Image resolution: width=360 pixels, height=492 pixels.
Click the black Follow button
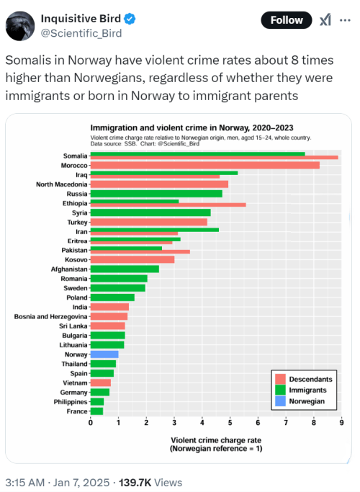287,20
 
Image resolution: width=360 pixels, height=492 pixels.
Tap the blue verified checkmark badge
130,19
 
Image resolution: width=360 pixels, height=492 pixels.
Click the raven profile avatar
20,26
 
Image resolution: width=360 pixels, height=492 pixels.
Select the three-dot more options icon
345,20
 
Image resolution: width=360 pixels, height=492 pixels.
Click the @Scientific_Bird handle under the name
81,33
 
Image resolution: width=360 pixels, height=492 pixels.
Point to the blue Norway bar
104,354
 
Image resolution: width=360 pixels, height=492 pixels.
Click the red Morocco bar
205,165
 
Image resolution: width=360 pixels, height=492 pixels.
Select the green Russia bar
156,194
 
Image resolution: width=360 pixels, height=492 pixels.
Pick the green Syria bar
150,213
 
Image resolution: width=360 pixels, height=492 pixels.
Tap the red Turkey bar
149,222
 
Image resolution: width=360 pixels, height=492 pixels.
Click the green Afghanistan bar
125,269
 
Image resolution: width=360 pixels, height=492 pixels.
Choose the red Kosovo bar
132,259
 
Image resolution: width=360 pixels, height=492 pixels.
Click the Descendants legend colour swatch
280,379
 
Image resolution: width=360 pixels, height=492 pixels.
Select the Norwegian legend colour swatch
280,401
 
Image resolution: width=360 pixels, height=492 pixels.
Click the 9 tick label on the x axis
341,423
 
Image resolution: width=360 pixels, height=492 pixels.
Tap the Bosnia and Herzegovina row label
51,316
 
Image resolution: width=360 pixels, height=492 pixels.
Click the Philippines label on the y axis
71,402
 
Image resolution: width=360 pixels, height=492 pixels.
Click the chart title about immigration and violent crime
192,128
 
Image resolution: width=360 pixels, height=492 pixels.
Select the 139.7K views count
135,482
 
